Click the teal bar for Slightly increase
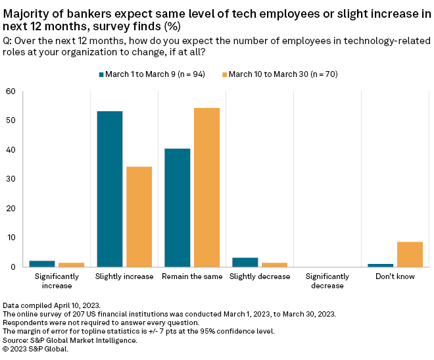pos(110,189)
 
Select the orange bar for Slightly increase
pos(139,217)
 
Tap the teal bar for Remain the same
pos(178,207)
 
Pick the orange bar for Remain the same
pos(207,187)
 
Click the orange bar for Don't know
pos(410,254)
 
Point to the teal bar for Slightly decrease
pos(245,262)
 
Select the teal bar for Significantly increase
pos(42,263)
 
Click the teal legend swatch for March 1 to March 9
pos(102,74)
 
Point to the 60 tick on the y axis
pos(11,91)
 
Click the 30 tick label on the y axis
pos(11,179)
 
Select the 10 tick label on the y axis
pos(11,238)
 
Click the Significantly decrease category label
pos(327,281)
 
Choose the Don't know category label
pos(396,276)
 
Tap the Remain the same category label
pos(192,276)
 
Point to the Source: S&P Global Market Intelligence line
pos(70,340)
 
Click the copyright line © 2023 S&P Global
pos(36,349)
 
